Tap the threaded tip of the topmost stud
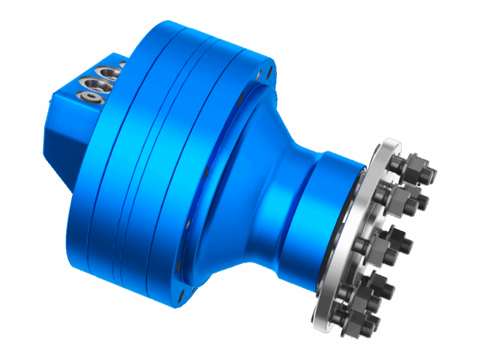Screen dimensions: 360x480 430,174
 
